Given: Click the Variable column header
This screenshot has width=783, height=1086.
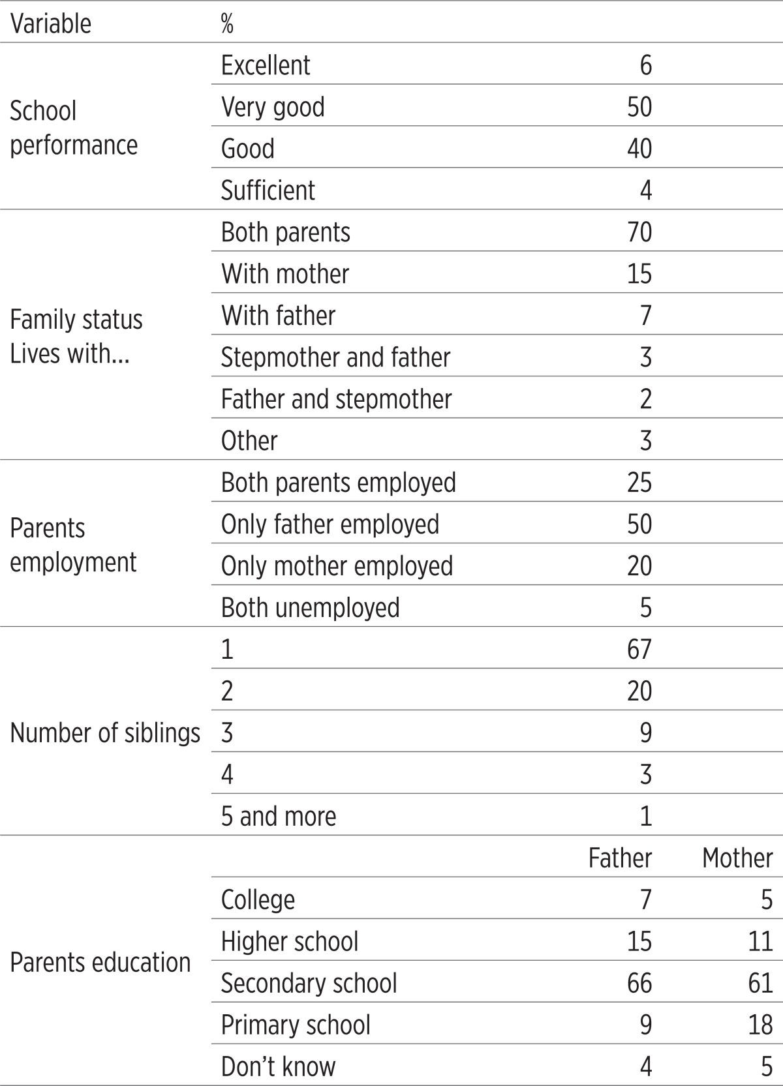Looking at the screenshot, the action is tap(50, 23).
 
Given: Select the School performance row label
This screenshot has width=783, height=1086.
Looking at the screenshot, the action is tap(74, 128).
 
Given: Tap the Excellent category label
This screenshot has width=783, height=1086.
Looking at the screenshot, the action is tap(266, 65).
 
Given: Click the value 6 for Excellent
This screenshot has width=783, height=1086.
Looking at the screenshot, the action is tap(646, 65).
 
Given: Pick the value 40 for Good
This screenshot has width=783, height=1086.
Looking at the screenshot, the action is tap(639, 148).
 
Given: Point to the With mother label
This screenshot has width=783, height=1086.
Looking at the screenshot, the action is tap(285, 274).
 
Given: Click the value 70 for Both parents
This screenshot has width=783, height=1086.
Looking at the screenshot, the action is tap(639, 232).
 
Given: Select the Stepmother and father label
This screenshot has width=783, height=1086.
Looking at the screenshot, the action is tap(335, 357).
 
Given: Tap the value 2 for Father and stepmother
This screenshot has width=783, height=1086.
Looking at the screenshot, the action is tap(646, 399).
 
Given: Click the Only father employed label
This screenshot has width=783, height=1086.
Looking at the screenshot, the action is tap(330, 524).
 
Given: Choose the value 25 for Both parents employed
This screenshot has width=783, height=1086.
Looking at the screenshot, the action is tap(639, 483).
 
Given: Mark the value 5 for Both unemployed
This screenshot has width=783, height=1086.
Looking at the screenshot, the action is tap(646, 607).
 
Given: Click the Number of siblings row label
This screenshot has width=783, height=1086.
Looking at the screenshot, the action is tap(105, 732).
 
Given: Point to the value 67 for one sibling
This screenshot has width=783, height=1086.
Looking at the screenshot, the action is tap(639, 649).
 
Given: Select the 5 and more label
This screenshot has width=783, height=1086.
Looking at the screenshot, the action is tap(279, 816).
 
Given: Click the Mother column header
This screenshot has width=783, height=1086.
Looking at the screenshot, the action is tap(737, 858).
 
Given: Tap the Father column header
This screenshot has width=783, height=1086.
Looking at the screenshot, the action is tap(620, 858).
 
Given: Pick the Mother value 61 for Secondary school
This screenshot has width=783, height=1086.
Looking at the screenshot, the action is tap(760, 983).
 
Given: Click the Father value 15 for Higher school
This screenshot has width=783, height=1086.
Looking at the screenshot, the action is tap(639, 941).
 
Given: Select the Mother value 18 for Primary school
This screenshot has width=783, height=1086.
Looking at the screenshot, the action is tap(760, 1025).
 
